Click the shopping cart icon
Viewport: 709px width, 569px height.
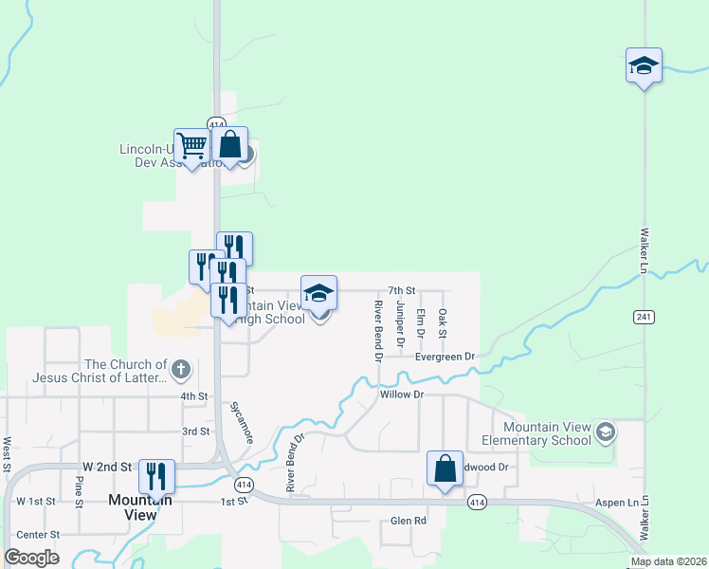click(191, 146)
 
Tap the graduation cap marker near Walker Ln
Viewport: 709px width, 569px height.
click(644, 66)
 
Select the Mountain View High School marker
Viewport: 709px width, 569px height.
click(319, 294)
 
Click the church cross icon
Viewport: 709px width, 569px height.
click(181, 368)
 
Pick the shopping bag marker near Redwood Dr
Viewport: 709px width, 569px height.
click(445, 468)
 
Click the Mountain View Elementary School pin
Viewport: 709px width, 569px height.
click(604, 433)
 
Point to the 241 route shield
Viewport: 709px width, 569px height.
click(644, 316)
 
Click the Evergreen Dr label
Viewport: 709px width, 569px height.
click(444, 357)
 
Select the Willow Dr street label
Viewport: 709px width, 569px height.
click(399, 394)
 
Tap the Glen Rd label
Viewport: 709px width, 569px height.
click(409, 521)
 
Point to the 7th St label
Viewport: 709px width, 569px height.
click(403, 290)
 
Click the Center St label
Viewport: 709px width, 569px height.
click(39, 535)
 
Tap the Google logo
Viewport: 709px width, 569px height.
click(31, 558)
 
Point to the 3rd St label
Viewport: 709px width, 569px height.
click(195, 431)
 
